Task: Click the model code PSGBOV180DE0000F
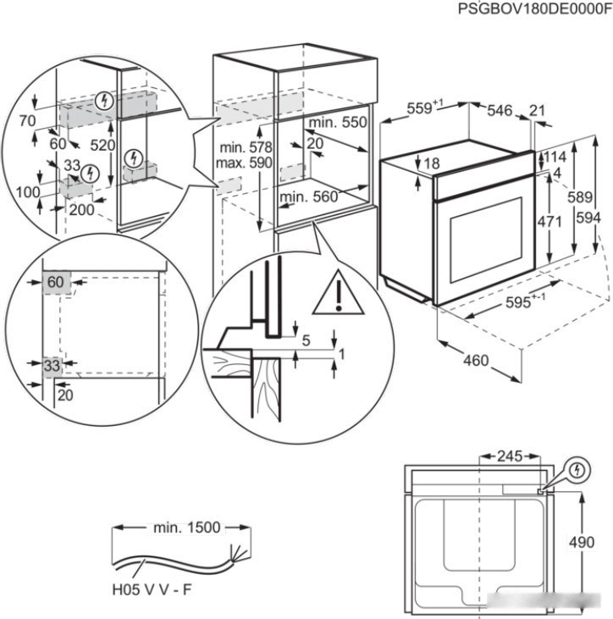(533, 8)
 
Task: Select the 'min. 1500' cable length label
(186, 528)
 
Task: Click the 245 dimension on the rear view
(509, 456)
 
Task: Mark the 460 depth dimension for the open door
(476, 360)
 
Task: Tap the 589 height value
(579, 196)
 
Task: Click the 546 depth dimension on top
(500, 109)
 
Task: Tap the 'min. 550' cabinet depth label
(339, 122)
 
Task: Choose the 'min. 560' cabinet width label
(309, 197)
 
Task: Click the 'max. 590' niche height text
(243, 163)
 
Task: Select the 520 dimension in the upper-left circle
(102, 145)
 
